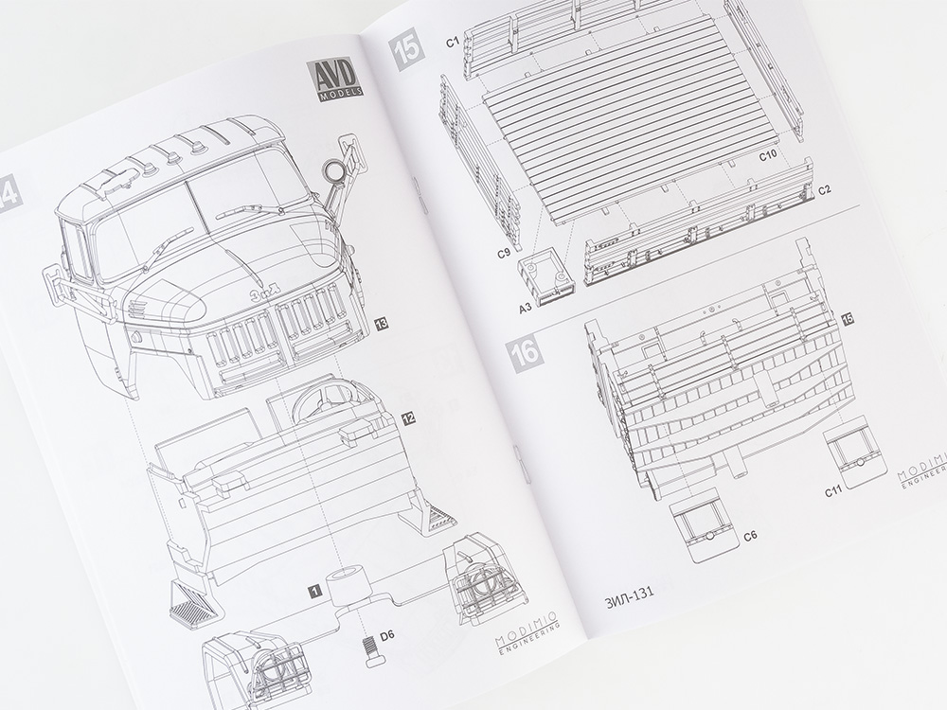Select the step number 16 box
point(526,352)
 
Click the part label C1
point(453,43)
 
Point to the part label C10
point(768,155)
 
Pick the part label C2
point(825,189)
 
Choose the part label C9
point(505,254)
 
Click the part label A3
point(525,308)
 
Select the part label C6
point(750,536)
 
